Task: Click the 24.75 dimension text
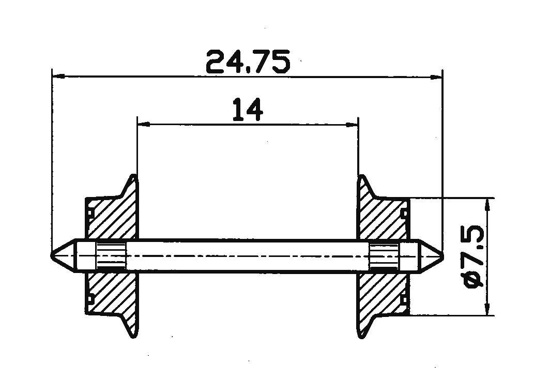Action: click(x=248, y=62)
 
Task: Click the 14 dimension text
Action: click(x=247, y=110)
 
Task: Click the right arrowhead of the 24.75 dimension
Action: click(x=437, y=77)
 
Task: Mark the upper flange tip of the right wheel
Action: click(x=361, y=177)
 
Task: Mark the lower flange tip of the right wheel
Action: click(x=361, y=335)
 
